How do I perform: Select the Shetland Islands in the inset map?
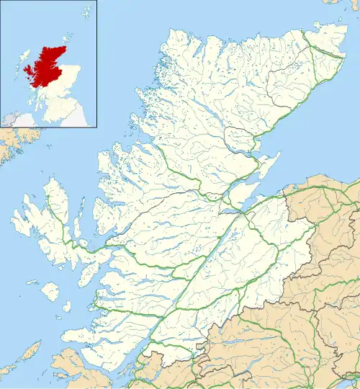pyautogui.click(x=86, y=11)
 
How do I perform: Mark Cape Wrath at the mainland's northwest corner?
pyautogui.click(x=170, y=33)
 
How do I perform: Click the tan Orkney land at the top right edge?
pyautogui.click(x=331, y=3)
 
